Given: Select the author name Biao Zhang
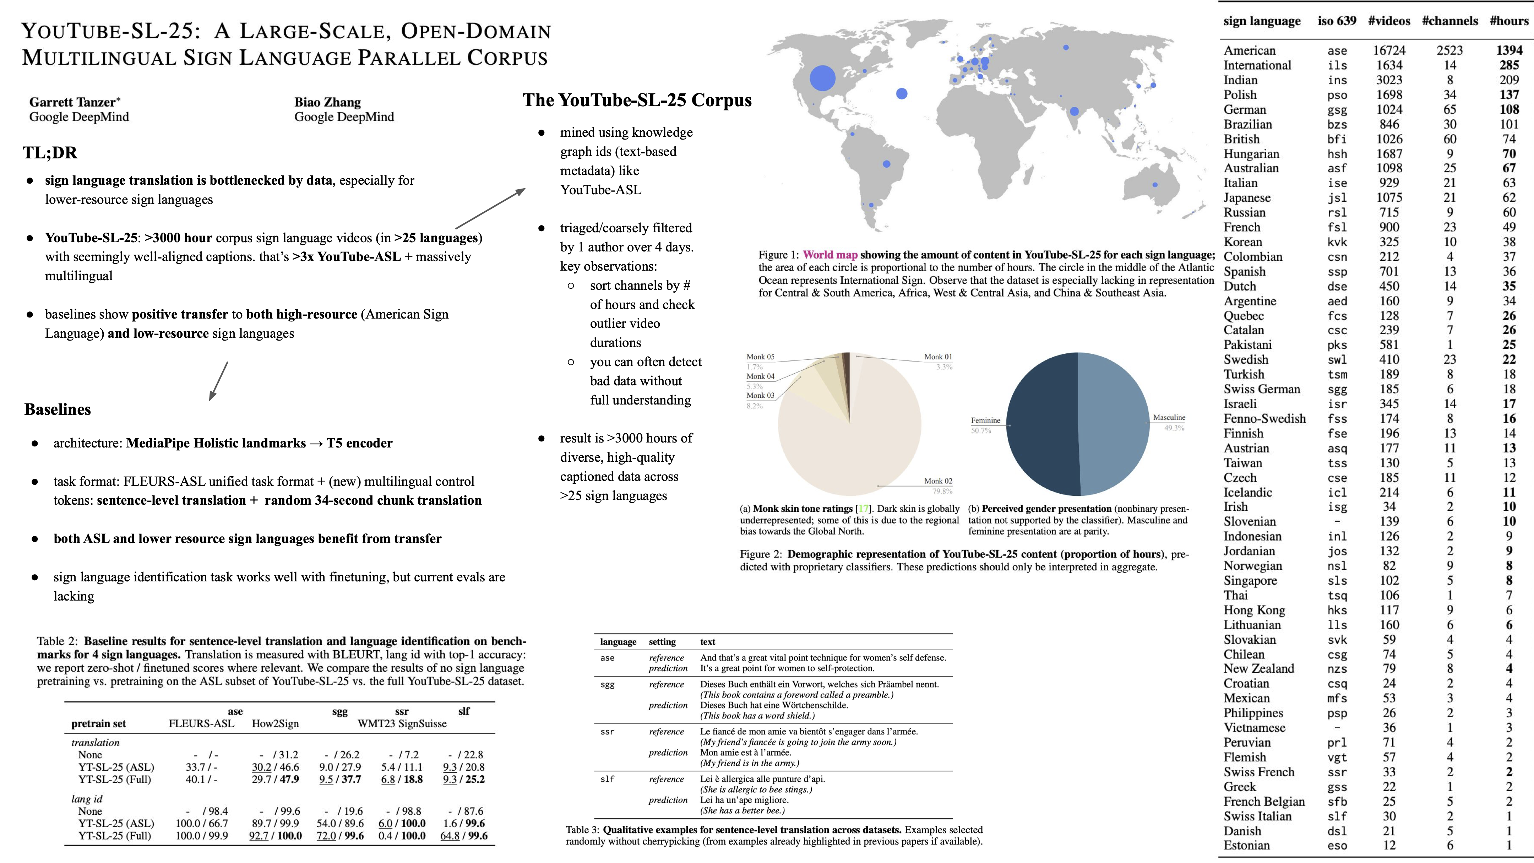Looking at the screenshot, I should (x=327, y=102).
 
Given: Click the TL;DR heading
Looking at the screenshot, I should (x=50, y=152).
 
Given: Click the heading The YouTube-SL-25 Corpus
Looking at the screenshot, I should (x=637, y=100).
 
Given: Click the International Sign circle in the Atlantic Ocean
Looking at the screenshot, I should (x=902, y=93).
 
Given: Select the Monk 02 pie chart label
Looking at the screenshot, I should (x=938, y=481).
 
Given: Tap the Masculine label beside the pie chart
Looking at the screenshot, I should (x=1169, y=418).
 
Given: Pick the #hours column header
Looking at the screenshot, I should (x=1509, y=21).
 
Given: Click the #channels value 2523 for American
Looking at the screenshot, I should (x=1449, y=51).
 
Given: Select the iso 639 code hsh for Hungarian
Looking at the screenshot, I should (x=1337, y=154).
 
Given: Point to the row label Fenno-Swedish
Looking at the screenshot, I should (x=1264, y=419).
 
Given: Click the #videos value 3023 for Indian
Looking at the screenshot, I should (x=1389, y=80).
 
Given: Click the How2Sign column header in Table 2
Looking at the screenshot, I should (x=275, y=724).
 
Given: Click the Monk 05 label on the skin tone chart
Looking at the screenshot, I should (x=761, y=357).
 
